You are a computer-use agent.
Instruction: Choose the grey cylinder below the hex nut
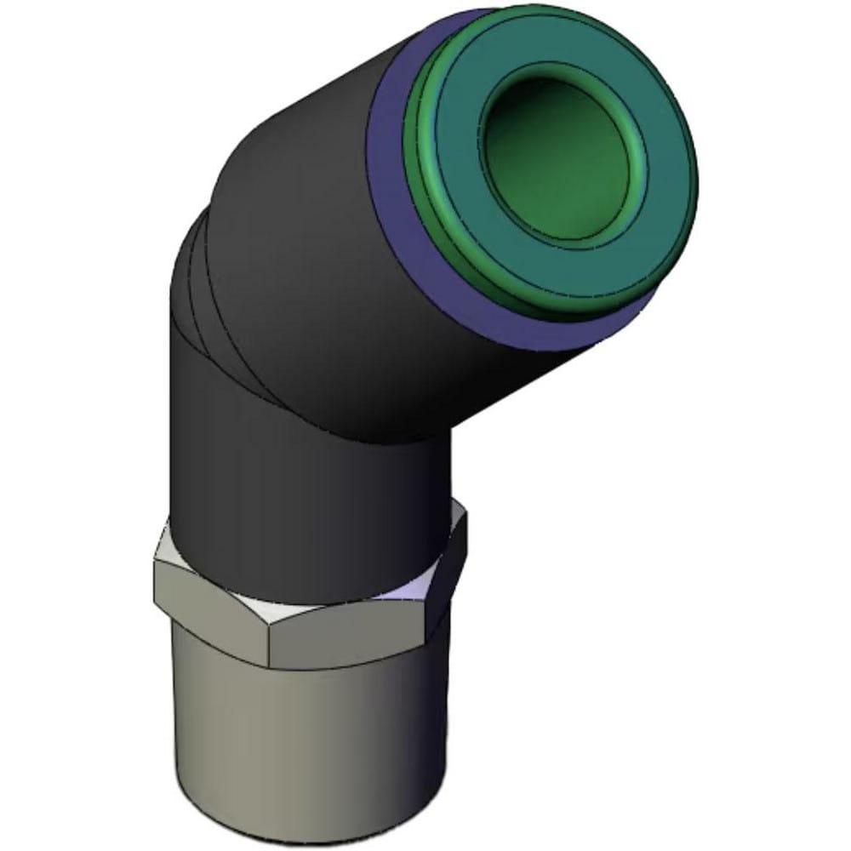[x=315, y=732]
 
